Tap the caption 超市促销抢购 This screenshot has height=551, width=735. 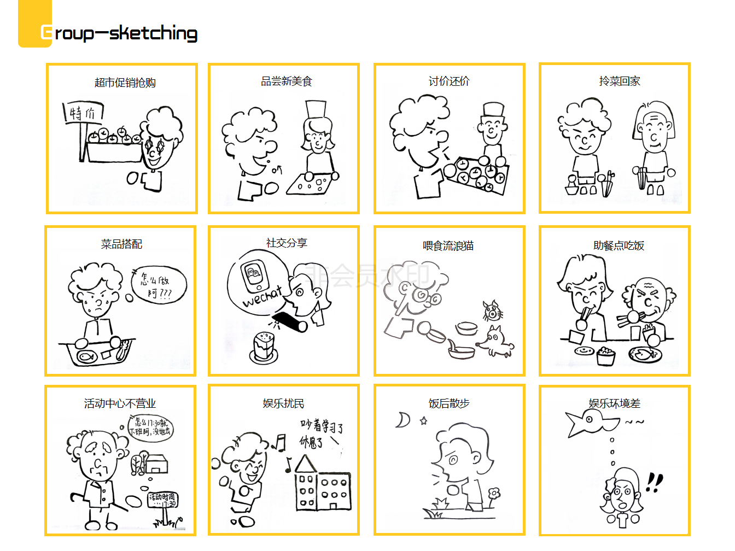(x=125, y=83)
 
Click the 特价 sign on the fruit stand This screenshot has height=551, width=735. (x=83, y=113)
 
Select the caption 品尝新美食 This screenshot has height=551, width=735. (x=286, y=81)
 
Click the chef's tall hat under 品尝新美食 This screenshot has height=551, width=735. (x=316, y=109)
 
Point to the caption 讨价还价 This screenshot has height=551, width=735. (x=449, y=81)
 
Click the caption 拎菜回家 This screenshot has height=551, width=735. (x=619, y=81)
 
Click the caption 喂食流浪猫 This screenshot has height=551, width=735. (x=448, y=246)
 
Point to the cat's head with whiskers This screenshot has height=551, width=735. (x=492, y=311)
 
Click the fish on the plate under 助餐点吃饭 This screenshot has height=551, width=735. (x=645, y=354)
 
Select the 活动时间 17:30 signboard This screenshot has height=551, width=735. (x=162, y=499)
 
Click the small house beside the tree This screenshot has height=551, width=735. (x=156, y=464)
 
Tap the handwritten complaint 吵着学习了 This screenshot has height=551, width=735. (x=322, y=426)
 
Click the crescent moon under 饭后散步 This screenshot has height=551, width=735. (x=404, y=420)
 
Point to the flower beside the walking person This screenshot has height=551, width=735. (x=494, y=494)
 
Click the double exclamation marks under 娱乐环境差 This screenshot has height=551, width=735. (x=654, y=482)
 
